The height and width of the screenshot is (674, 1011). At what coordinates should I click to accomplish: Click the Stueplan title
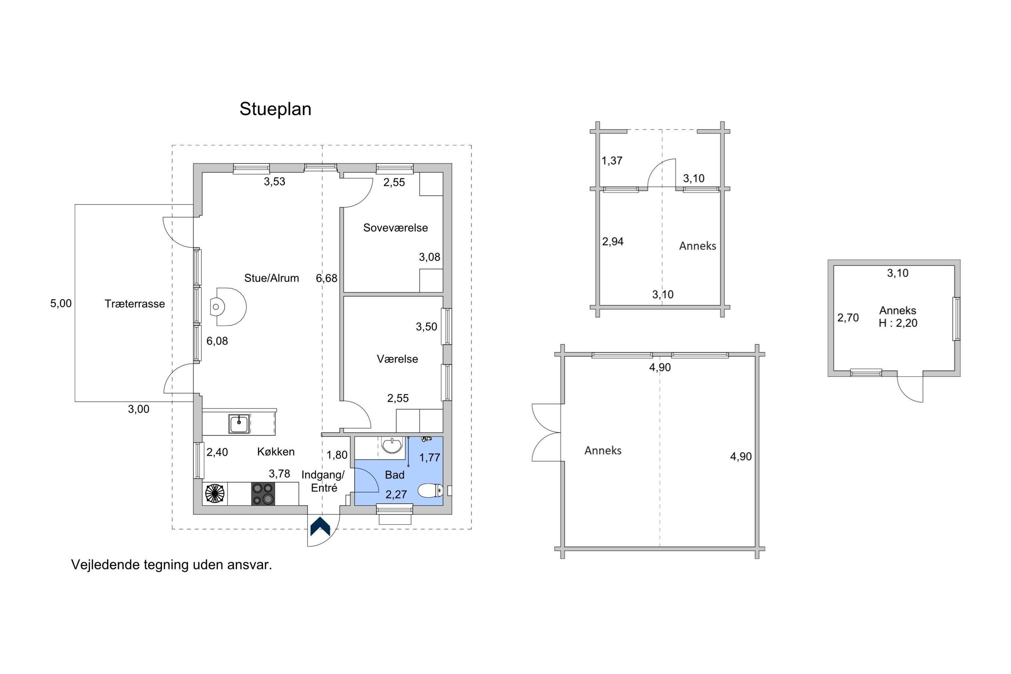pos(275,109)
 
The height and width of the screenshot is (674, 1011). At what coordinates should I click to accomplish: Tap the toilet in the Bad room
pos(430,490)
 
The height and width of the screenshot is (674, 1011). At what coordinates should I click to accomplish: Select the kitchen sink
pos(239,424)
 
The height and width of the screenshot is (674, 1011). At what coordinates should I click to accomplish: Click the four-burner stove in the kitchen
pos(263,494)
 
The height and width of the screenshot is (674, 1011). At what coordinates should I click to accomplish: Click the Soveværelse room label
pos(395,228)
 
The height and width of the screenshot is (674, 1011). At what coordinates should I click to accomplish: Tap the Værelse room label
pos(397,359)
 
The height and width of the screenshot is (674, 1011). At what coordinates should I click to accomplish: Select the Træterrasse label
pos(135,304)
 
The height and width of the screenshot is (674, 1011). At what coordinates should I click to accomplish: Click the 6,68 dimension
pos(327,278)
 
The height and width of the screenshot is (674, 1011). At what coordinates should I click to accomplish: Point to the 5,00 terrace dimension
pos(61,303)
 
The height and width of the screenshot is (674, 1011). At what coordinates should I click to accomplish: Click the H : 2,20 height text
pos(898,323)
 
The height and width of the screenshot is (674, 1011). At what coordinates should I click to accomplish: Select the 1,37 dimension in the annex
pos(612,161)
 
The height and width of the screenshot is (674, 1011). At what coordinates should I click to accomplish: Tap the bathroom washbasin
pos(392,445)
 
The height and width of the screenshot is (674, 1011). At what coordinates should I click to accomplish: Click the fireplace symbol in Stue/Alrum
pos(228,306)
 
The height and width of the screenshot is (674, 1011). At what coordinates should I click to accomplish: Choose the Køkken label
pos(276,452)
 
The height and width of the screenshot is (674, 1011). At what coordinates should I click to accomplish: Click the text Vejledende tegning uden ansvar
pos(171,565)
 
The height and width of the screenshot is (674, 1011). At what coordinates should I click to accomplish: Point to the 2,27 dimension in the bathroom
pos(396,495)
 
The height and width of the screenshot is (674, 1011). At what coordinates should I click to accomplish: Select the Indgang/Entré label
pos(323,481)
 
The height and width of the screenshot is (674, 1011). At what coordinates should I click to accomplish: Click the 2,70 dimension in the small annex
pos(848,318)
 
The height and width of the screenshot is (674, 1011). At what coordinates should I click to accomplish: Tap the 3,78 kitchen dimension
pos(279,474)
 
